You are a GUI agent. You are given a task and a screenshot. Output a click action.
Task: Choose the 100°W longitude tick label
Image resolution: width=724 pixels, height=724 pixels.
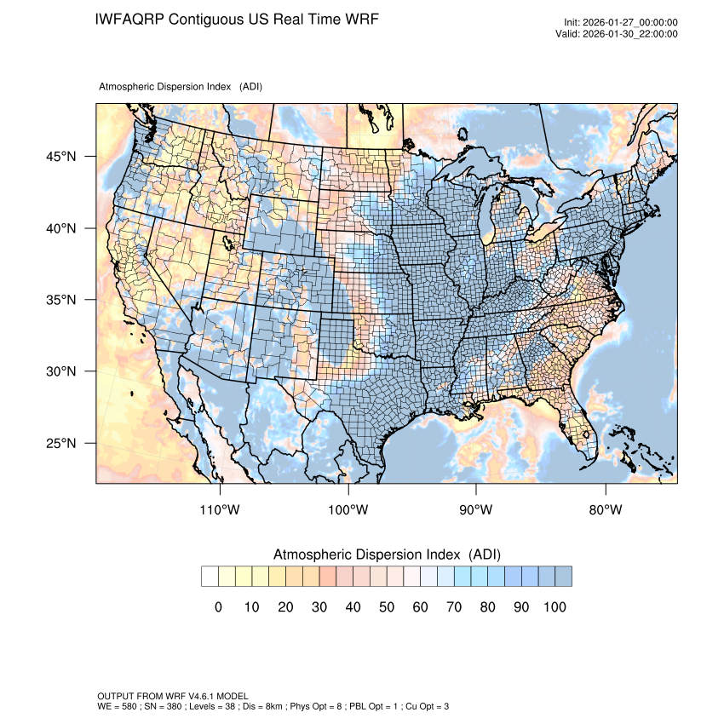coord(348,510)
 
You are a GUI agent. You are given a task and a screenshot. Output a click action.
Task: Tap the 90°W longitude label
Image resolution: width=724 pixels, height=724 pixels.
coord(476,510)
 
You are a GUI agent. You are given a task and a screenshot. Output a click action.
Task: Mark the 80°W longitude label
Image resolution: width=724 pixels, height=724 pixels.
coord(605,510)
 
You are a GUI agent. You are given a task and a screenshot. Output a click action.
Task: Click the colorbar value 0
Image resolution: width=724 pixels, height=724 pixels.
coord(218,607)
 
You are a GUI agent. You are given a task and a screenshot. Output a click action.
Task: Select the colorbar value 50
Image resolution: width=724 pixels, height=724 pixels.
coord(387,607)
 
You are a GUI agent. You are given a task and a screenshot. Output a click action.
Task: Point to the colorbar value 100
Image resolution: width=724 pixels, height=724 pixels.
coord(554,607)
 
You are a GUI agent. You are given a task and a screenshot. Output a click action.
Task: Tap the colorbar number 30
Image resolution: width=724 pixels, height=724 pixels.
coord(319,607)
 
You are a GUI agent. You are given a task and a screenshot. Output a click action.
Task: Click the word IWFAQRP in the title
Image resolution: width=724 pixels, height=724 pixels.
coord(130,19)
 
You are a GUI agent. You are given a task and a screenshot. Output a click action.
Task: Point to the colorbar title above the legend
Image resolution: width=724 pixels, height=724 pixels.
coord(387,554)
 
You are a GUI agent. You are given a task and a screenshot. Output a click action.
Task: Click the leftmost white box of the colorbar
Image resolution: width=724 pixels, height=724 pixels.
coord(210,577)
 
